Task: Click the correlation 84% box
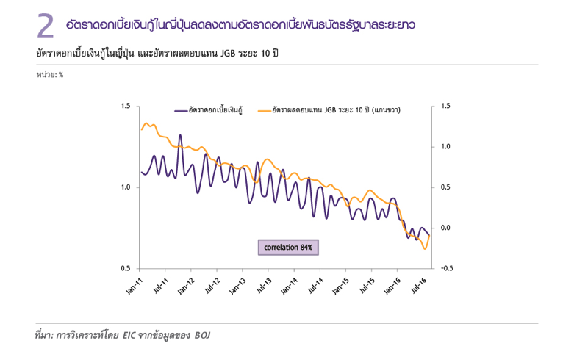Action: (288, 248)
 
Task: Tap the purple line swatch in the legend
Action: (182, 111)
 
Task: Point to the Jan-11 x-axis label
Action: (135, 285)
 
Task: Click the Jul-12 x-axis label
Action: (213, 285)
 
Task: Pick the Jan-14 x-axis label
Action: (291, 285)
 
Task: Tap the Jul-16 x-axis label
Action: (421, 285)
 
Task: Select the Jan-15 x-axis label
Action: (343, 285)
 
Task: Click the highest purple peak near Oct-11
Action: (180, 135)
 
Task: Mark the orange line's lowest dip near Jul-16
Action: (425, 249)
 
